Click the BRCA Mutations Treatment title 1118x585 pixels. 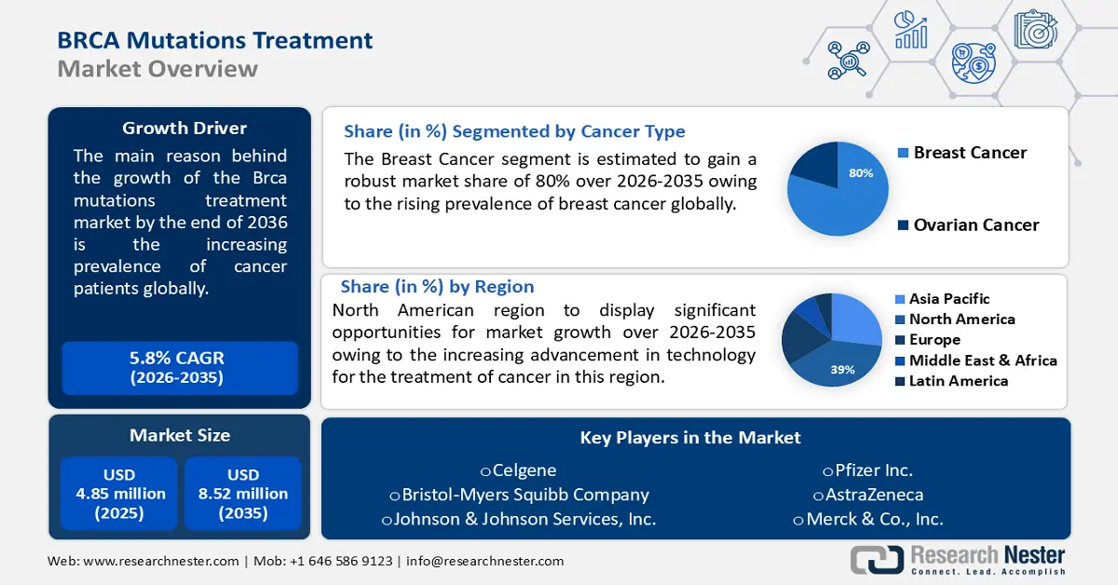point(215,40)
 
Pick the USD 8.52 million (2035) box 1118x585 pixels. point(243,494)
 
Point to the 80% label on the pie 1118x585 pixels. point(862,173)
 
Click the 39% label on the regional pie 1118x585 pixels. point(842,370)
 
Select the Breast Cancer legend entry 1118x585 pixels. point(969,153)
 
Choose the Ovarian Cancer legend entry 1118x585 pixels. point(975,224)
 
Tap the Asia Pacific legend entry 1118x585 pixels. point(948,299)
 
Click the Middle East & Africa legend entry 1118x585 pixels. point(982,361)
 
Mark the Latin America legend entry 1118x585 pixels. point(958,381)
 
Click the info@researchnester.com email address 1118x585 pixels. point(484,561)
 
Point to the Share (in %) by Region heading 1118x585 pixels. point(437,287)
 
